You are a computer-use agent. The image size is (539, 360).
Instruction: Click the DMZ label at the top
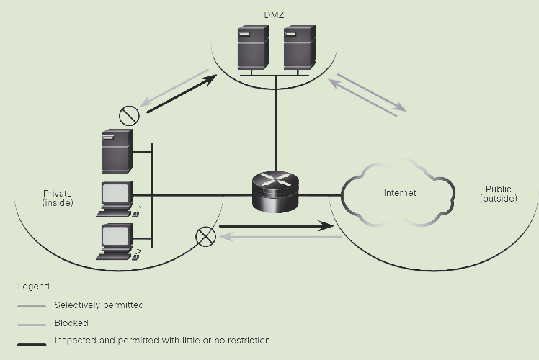[274, 15]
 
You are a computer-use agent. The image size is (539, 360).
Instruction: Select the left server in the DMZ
[253, 48]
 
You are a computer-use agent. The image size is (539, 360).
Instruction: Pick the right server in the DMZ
[300, 48]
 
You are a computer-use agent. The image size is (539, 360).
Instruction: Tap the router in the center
[275, 192]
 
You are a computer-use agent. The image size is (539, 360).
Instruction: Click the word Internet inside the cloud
[400, 193]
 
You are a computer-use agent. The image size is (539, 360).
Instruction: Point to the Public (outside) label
[499, 194]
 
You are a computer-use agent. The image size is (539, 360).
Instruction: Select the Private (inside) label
[58, 198]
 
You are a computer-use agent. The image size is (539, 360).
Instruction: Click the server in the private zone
[117, 151]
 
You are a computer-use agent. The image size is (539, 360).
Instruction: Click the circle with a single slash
[129, 116]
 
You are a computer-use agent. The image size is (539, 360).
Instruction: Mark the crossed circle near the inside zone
[205, 237]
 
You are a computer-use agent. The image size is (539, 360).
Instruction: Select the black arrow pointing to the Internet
[277, 226]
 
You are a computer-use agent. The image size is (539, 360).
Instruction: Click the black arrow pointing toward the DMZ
[182, 94]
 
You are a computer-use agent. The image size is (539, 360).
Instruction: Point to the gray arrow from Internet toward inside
[280, 237]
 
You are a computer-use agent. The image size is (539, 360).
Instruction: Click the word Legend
[34, 287]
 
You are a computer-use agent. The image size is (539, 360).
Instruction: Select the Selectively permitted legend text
[99, 305]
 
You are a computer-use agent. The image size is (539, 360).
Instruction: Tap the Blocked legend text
[71, 323]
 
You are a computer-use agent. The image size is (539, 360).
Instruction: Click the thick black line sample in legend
[32, 345]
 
